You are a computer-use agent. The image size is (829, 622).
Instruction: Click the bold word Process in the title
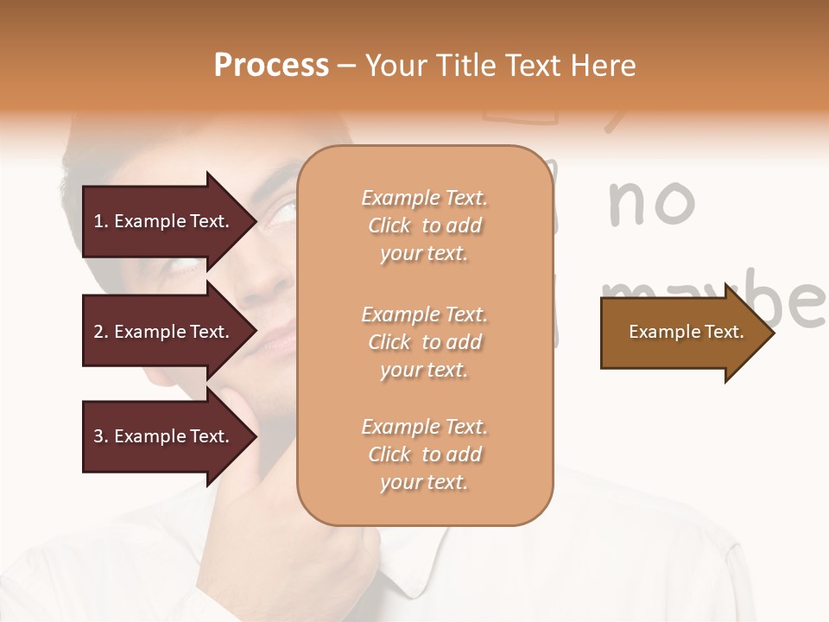(x=271, y=65)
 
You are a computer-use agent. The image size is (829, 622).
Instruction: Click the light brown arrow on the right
(x=682, y=332)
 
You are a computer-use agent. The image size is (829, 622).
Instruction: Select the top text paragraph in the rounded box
(x=424, y=225)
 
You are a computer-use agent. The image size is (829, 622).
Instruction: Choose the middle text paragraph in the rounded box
(x=424, y=342)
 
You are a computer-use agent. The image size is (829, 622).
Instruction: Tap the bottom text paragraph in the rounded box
(x=424, y=454)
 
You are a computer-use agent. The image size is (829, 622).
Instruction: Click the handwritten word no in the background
(x=652, y=202)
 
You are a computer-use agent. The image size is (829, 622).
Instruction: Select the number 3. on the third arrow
(x=101, y=436)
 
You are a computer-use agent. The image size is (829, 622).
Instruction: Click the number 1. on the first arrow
(x=100, y=221)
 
